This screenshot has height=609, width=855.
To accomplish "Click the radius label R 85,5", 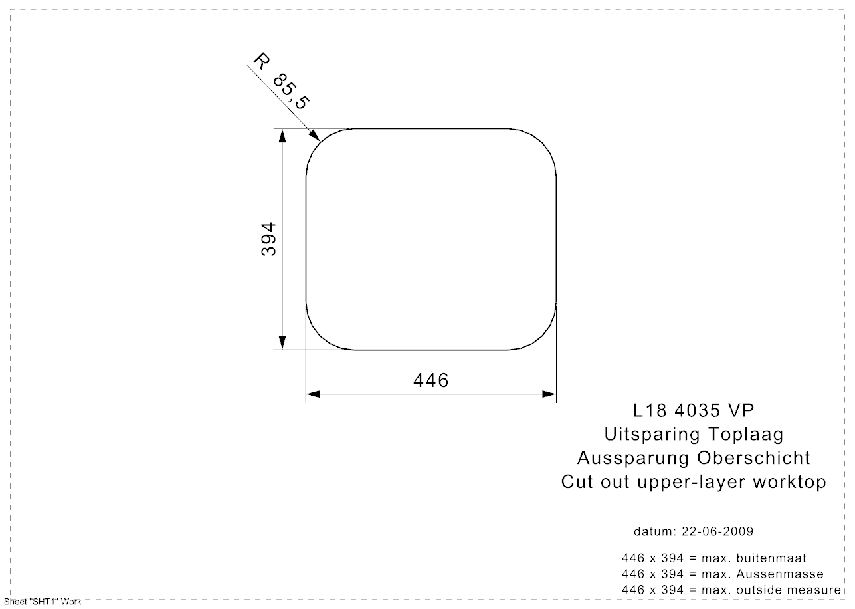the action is (281, 81).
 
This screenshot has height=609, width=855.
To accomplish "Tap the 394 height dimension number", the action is (268, 239).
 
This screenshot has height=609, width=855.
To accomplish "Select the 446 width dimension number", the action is (431, 380).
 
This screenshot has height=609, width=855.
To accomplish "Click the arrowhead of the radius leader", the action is (315, 136).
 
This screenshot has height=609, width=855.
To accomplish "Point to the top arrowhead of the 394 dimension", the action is (282, 136).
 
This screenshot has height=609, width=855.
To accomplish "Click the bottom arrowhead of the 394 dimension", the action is (282, 342).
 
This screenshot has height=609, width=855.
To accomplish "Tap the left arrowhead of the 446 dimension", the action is (313, 394).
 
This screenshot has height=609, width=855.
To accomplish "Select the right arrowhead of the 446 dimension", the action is (549, 394).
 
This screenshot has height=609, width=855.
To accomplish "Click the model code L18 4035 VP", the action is (694, 411).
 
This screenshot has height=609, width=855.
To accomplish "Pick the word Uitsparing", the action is (652, 435).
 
